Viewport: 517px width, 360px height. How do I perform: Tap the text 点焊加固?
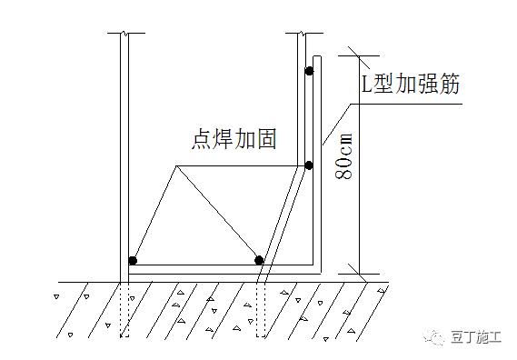coord(234,139)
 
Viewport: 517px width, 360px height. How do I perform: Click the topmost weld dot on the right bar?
coord(309,69)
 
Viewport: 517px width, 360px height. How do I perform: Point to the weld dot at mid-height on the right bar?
coord(309,165)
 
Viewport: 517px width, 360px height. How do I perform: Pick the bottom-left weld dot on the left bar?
coord(133,261)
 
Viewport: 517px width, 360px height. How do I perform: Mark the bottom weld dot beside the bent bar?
coord(259,261)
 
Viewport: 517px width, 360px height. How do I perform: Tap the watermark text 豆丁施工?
coord(475,336)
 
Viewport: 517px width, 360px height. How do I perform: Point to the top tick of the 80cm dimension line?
coord(352,51)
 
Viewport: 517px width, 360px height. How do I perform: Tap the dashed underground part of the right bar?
coord(260,309)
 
